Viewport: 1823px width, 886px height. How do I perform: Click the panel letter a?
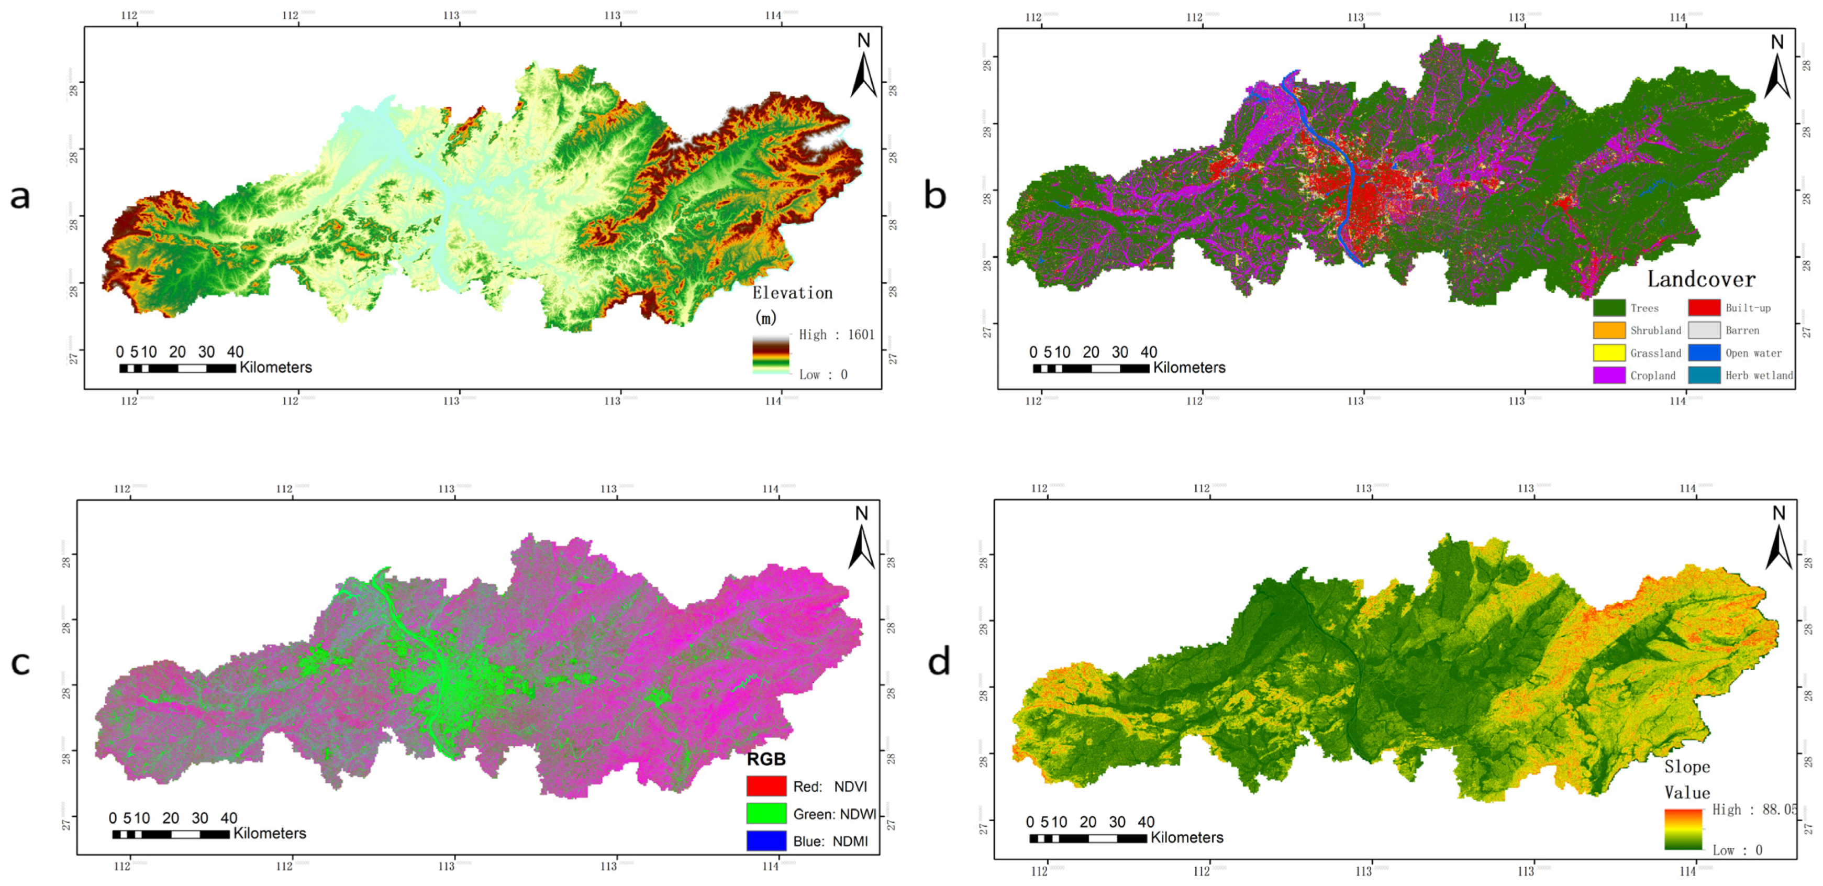coord(20,196)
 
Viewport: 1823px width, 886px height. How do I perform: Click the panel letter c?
coord(20,663)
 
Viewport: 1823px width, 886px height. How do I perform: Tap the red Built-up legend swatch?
coord(1704,308)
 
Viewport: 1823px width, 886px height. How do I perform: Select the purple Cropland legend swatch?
coord(1608,375)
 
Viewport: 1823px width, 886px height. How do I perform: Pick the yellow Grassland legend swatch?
coord(1608,352)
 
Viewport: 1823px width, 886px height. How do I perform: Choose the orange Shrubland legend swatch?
coord(1608,330)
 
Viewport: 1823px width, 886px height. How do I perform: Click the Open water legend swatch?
coord(1704,352)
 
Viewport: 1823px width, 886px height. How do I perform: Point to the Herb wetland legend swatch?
coord(1704,375)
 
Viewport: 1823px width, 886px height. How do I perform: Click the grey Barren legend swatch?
coord(1704,330)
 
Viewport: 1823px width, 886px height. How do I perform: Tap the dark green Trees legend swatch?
coord(1608,308)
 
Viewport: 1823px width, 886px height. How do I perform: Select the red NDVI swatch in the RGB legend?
coord(766,786)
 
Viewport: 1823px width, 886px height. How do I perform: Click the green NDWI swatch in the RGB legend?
coord(766,814)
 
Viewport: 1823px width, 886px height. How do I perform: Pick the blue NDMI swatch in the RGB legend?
coord(766,841)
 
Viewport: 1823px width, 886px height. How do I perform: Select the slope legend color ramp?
coord(1683,829)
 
